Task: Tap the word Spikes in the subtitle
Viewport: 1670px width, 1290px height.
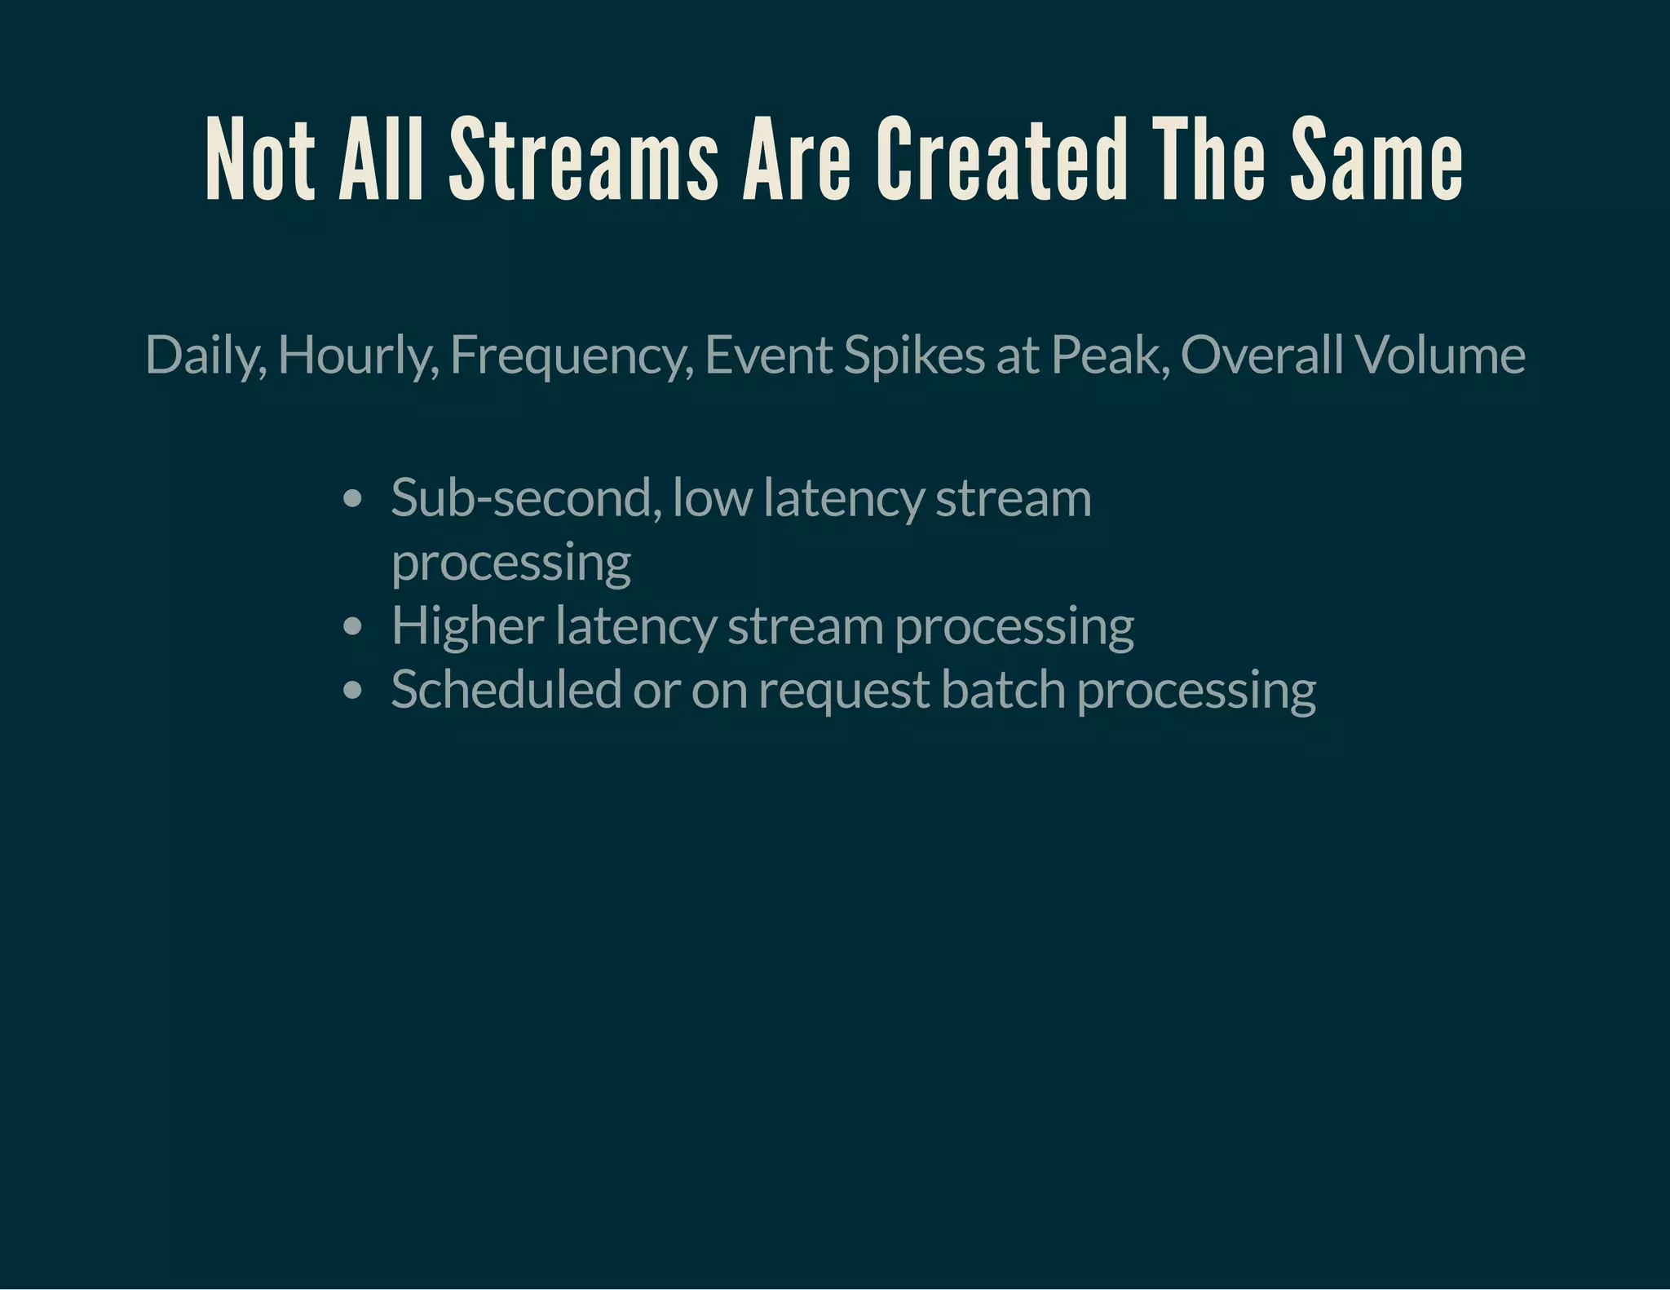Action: pos(914,356)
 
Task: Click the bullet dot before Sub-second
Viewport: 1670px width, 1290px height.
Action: pos(352,499)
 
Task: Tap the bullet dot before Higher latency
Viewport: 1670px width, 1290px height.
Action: pos(352,627)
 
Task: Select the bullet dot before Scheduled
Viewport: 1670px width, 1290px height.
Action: pos(352,691)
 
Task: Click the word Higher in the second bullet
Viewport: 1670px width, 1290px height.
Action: pos(467,626)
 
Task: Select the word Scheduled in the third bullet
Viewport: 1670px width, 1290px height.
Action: pos(506,690)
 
